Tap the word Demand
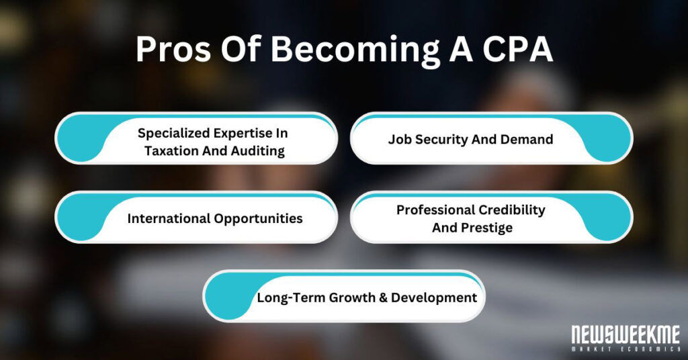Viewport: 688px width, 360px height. click(528, 140)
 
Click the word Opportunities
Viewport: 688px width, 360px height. click(259, 218)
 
